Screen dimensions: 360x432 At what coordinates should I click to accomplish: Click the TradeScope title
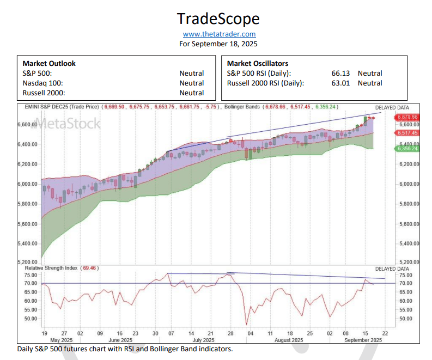(218, 19)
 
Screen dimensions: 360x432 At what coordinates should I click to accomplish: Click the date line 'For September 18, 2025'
(218, 44)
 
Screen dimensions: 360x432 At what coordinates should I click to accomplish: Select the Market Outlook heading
(49, 63)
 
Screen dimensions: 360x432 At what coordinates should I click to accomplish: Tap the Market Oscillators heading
(257, 63)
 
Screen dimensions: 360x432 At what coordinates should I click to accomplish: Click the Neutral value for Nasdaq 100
(192, 83)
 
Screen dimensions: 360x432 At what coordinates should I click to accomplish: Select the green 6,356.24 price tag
(407, 148)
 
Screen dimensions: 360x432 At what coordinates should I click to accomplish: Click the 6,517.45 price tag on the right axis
(407, 132)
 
